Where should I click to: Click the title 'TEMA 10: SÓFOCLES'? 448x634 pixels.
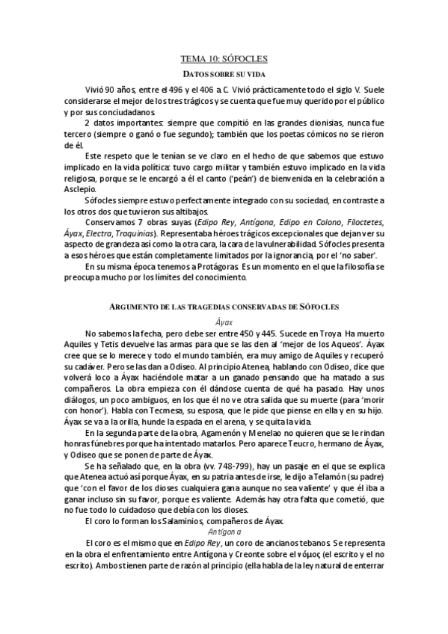point(224,58)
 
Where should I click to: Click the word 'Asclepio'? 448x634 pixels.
point(82,189)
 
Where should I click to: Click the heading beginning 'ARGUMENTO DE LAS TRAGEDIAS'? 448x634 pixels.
point(224,307)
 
